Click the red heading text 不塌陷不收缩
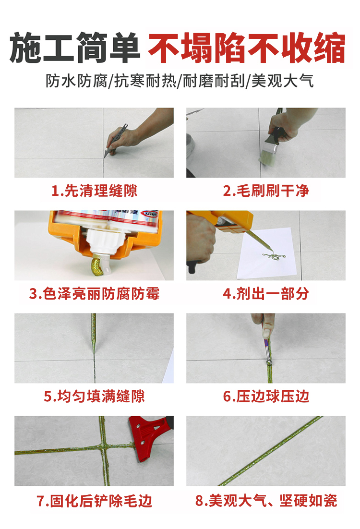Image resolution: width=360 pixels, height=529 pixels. [x=246, y=48]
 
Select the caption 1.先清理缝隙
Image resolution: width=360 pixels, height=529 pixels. [x=94, y=191]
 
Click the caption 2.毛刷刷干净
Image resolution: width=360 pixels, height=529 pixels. [x=265, y=191]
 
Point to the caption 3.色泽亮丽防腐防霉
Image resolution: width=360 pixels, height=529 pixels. [x=94, y=293]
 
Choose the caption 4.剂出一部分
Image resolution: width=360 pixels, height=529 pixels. [x=265, y=293]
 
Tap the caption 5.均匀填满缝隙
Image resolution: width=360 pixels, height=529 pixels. [x=94, y=396]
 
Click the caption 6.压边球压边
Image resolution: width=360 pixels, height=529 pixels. [x=265, y=396]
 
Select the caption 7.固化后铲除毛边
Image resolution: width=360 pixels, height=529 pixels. [x=94, y=501]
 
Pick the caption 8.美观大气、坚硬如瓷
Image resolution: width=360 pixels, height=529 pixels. [x=265, y=501]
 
